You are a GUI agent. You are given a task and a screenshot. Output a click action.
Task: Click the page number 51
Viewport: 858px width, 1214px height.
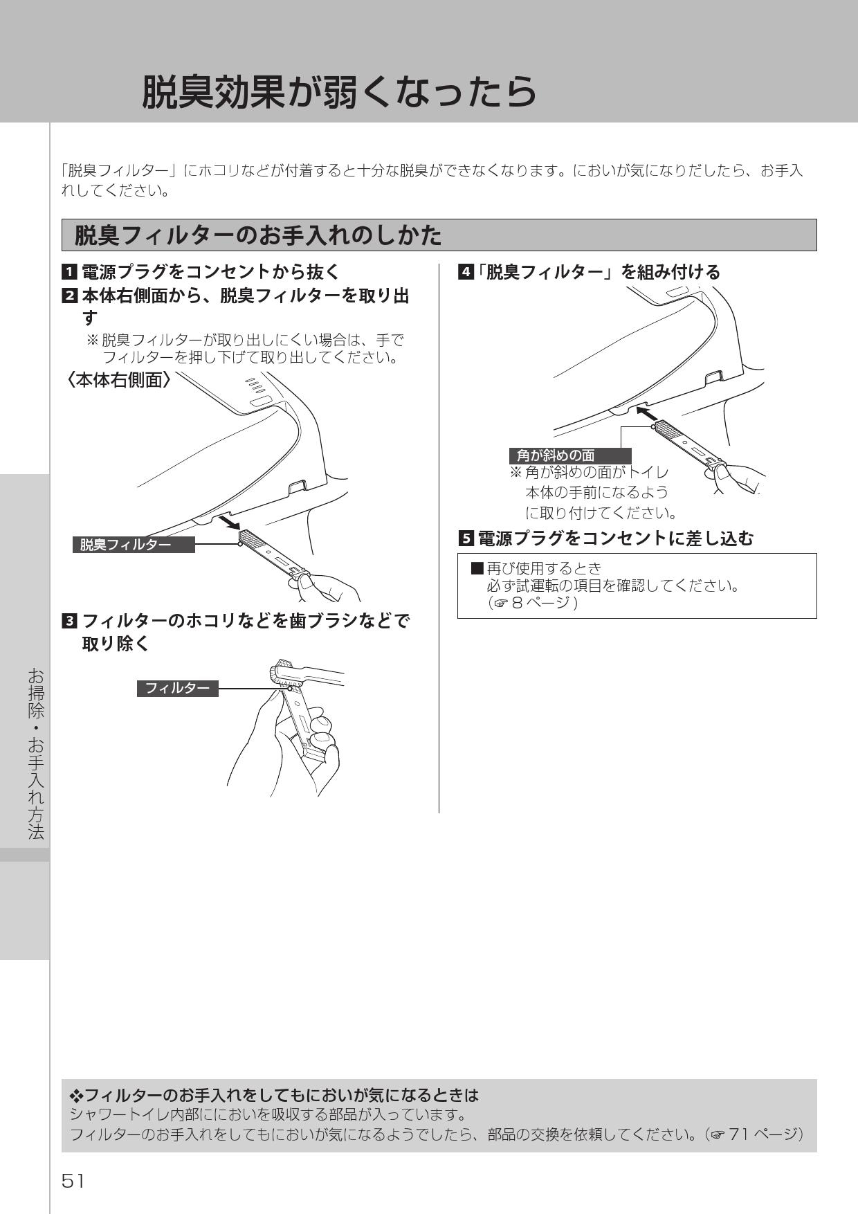[x=73, y=1181]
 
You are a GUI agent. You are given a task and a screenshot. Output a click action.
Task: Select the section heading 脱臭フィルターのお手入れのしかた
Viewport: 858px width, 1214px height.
[x=257, y=236]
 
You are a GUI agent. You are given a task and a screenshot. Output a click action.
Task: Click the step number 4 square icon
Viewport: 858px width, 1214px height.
[x=466, y=272]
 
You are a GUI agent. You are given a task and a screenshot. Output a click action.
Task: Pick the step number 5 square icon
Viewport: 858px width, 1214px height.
[x=466, y=538]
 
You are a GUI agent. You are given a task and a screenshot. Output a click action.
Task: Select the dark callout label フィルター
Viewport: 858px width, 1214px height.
[x=177, y=688]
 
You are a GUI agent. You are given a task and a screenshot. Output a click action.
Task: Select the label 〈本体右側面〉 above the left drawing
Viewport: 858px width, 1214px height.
[x=118, y=380]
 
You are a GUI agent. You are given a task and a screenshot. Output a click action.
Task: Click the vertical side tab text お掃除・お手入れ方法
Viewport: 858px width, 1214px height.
[x=36, y=754]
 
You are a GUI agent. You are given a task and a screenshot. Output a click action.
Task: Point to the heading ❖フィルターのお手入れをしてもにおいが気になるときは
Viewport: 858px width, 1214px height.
[x=275, y=1096]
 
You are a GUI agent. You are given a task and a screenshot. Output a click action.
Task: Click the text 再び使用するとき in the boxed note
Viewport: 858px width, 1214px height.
[x=544, y=568]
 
